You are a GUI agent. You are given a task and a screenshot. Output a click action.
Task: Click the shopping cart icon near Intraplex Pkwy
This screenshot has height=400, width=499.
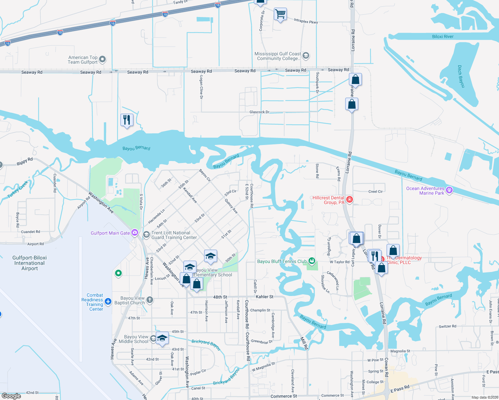point(280,14)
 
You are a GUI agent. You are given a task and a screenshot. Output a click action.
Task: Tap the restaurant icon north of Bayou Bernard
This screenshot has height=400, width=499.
point(127,120)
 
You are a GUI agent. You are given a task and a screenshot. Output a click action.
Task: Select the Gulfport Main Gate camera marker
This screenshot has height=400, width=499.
point(134,233)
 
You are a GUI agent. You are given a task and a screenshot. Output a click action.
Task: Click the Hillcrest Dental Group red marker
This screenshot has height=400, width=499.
point(349,200)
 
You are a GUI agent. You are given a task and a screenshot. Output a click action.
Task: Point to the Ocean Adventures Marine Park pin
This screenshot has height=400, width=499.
point(449,190)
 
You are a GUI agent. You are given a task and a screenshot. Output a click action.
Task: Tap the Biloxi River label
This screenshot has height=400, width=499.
point(443,37)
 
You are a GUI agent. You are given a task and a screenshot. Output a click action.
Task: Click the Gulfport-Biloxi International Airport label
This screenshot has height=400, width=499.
point(29,263)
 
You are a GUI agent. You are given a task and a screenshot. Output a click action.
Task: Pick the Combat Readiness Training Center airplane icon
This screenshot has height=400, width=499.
point(108,301)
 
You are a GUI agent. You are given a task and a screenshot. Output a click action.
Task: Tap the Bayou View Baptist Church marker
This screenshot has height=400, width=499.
point(150,300)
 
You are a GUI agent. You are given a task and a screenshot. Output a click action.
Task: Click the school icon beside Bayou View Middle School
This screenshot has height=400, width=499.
point(162,338)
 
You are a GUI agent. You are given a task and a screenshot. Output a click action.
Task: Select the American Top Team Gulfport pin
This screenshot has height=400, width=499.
point(102,59)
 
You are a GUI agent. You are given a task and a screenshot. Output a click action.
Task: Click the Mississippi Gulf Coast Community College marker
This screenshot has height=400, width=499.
point(306,56)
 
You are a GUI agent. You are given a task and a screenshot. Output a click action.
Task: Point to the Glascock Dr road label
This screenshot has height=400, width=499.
point(259,112)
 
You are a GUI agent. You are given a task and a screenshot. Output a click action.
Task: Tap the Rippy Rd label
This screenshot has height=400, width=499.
point(25,161)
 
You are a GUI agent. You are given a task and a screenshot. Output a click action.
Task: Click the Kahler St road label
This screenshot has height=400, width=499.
point(264,296)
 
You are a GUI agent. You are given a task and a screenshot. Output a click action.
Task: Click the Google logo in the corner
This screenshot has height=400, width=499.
point(11,396)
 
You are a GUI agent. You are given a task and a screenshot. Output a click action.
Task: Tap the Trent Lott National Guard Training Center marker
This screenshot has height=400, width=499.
point(146,235)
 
